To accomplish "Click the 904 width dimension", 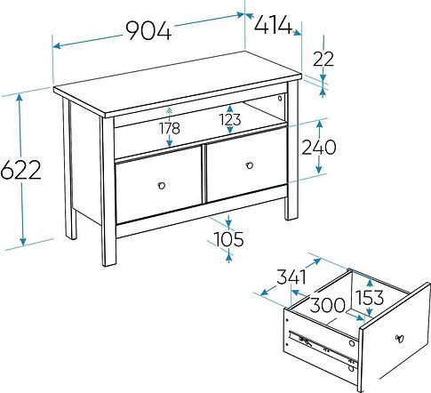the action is pos(148,30).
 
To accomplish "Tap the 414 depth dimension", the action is pos(274,25).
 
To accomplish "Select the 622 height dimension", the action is pos(20,170).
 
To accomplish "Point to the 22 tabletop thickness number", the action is pos(323,59).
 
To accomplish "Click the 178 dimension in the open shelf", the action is pos(170,128).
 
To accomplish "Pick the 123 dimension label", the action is pos(230,120).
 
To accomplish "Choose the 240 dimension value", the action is pos(319,148).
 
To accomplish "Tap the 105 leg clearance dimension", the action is pos(228,239).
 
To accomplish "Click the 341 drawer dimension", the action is pos(291,277).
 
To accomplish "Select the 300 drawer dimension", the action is pos(328,305).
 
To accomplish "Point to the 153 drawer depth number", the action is pos(370,298).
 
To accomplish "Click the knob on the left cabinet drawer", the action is pos(162,186).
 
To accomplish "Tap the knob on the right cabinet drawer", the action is pos(250,165).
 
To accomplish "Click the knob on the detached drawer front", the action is pos(400,339).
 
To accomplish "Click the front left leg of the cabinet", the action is pos(108,191).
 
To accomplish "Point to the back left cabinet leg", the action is pos(69,168).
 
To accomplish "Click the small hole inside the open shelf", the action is pos(280,98).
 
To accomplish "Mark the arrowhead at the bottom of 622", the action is pos(23,241).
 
